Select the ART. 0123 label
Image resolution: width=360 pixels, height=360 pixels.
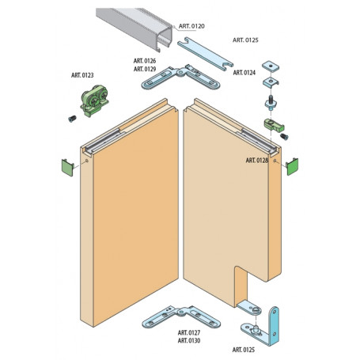81,76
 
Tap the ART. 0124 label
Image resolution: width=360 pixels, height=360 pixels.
244,73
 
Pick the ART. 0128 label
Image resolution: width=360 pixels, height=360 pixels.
256,160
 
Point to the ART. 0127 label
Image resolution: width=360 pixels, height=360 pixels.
188,332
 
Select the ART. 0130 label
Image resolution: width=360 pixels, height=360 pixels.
188,341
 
